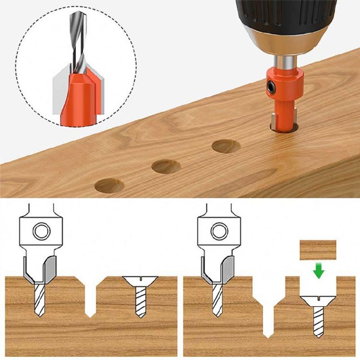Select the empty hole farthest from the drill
coord(109,185)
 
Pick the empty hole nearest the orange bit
coord(226,146)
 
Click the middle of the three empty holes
coord(166,167)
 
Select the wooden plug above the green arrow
coord(318,250)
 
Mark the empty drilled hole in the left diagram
coord(90,298)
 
